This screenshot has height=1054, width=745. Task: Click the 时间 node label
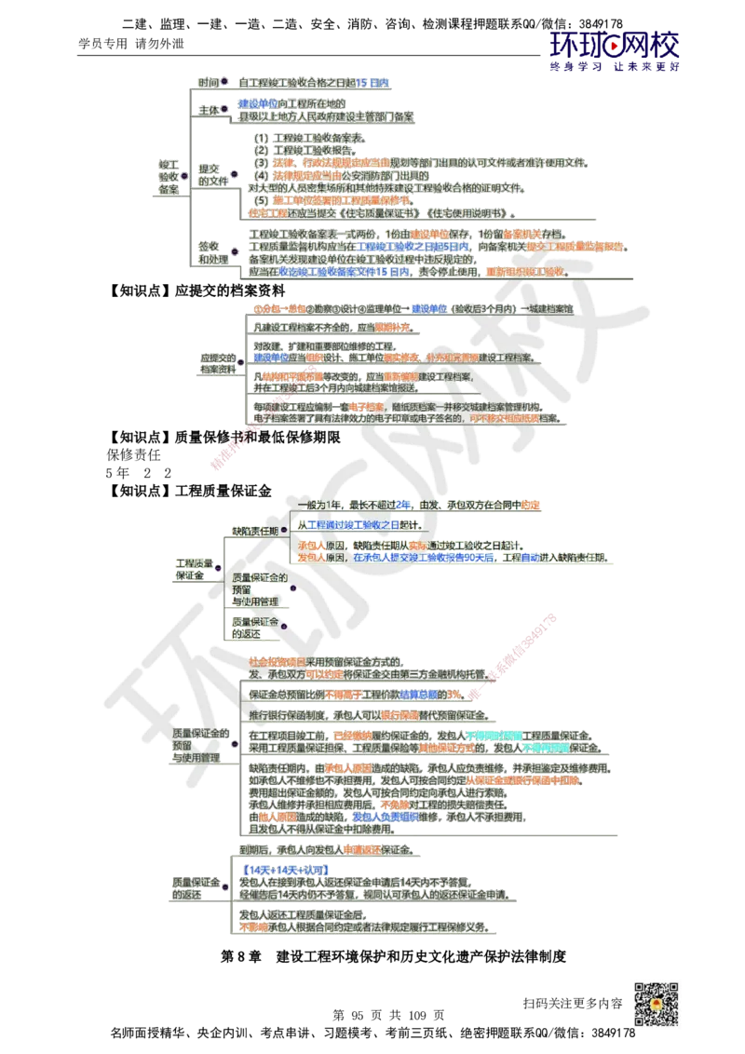[208, 82]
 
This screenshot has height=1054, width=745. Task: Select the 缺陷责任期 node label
[254, 530]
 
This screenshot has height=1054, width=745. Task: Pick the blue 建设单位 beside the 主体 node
[257, 102]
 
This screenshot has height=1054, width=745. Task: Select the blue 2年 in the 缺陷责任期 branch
[403, 504]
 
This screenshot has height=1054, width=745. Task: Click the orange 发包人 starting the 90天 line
[311, 557]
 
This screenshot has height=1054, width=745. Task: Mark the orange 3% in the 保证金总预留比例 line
[454, 695]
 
